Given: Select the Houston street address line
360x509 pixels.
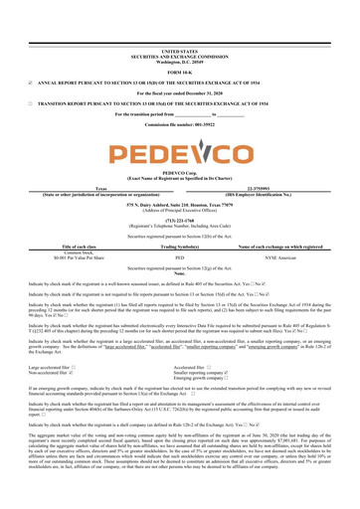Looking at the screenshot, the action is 180,205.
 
